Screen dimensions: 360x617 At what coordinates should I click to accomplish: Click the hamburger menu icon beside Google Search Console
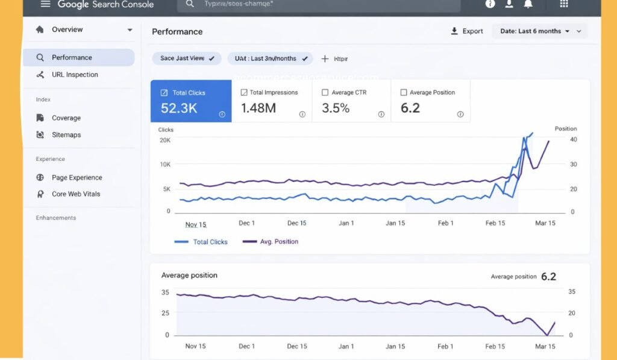(x=45, y=4)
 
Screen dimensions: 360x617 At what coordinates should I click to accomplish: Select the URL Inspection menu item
(x=74, y=75)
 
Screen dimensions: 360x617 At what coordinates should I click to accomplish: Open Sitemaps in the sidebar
(x=66, y=135)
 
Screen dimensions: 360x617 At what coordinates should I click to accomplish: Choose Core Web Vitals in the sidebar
(x=75, y=194)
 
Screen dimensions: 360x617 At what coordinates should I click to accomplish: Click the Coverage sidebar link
(x=66, y=118)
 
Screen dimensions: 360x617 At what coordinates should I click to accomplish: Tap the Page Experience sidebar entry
(x=77, y=178)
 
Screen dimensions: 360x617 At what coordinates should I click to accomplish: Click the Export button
(x=467, y=31)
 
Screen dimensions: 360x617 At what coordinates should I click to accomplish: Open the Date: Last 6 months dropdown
(x=539, y=31)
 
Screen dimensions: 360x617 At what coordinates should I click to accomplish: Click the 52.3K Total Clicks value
(x=178, y=109)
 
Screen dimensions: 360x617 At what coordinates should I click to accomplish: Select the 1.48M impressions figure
(x=258, y=109)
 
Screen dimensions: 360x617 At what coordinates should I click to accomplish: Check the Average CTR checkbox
(x=325, y=93)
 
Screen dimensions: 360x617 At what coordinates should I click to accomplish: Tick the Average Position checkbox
(x=404, y=93)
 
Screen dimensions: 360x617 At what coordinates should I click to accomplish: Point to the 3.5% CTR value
(x=336, y=109)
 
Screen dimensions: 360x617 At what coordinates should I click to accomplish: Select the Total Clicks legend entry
(x=201, y=242)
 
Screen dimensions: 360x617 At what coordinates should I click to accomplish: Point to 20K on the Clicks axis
(x=164, y=140)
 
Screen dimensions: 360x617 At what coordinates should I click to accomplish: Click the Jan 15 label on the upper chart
(x=395, y=223)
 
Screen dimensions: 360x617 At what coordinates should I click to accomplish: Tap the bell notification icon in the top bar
(x=528, y=4)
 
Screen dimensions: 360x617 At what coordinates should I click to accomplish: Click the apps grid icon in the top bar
(x=564, y=4)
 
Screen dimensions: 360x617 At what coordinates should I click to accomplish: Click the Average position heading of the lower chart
(x=189, y=276)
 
